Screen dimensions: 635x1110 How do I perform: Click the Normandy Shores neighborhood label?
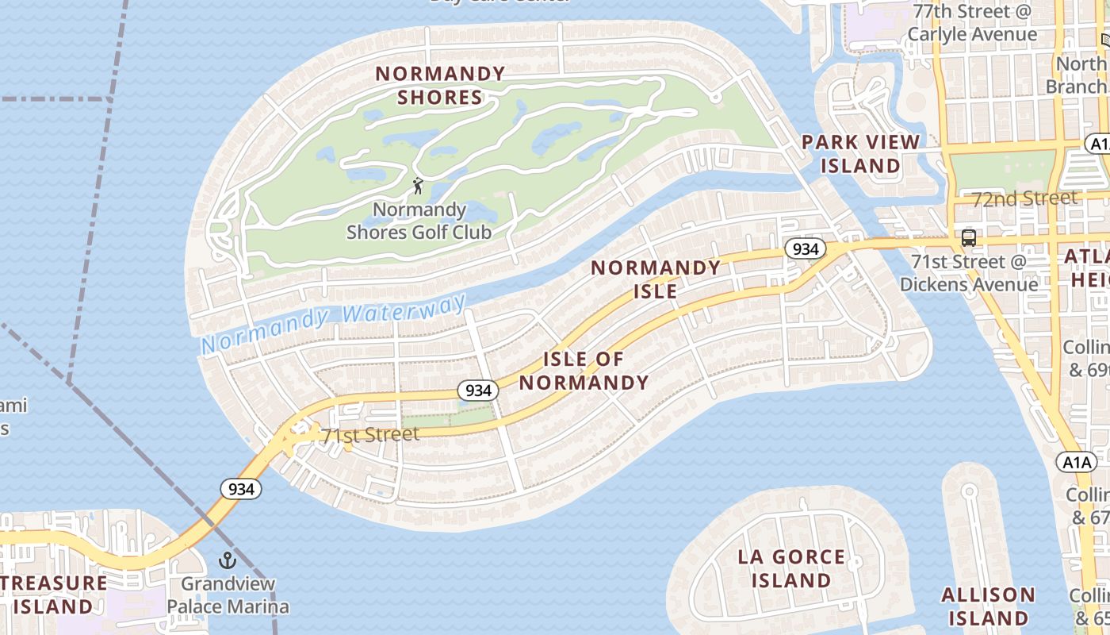[440, 86]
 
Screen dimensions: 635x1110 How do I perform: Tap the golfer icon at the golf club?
[418, 186]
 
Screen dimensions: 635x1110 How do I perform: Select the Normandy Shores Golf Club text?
[419, 221]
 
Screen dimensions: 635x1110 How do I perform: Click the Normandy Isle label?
[656, 279]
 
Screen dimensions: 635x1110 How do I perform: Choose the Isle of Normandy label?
[584, 371]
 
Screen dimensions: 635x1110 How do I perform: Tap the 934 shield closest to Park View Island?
[806, 249]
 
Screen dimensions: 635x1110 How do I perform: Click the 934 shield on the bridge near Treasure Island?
[241, 489]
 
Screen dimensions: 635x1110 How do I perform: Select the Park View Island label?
[860, 154]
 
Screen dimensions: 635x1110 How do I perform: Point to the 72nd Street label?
[1025, 198]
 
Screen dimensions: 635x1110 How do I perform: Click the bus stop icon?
[968, 237]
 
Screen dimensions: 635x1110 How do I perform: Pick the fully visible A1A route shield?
[1076, 462]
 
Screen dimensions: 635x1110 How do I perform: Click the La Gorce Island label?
[791, 568]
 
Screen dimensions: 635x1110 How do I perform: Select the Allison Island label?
[988, 606]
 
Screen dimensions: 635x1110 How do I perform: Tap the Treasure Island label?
[52, 595]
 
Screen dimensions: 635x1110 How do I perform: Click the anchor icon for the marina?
[228, 560]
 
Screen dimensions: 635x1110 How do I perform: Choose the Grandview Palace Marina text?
[228, 595]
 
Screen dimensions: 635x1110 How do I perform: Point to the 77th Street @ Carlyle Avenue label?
[972, 23]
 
